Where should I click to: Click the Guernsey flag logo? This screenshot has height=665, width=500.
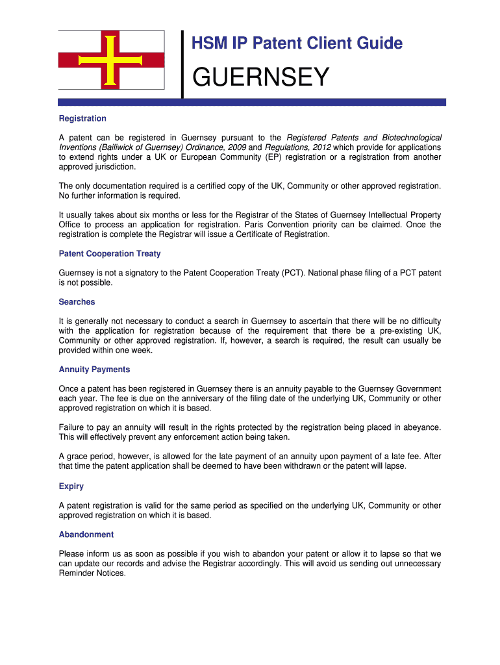click(x=111, y=60)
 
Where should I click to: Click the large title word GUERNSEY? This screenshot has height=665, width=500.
click(x=260, y=78)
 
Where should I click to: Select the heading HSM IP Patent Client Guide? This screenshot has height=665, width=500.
click(x=297, y=44)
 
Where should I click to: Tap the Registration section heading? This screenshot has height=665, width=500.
click(x=82, y=118)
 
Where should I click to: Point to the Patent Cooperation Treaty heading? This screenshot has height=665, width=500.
click(x=110, y=253)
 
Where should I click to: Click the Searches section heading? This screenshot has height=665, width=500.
click(x=77, y=301)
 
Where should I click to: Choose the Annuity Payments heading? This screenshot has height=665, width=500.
click(x=94, y=369)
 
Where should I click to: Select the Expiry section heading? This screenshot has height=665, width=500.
click(x=71, y=486)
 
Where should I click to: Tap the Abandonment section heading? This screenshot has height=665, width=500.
click(x=86, y=534)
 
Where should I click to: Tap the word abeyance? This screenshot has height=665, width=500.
click(x=422, y=427)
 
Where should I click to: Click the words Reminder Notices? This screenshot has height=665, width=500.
click(x=92, y=573)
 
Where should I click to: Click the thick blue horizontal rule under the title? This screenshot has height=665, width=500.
click(x=252, y=102)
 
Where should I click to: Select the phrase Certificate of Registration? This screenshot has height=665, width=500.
click(x=282, y=234)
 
